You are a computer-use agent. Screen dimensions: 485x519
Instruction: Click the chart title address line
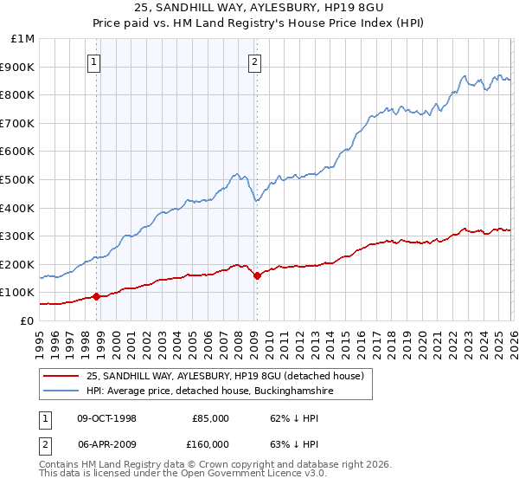(259, 8)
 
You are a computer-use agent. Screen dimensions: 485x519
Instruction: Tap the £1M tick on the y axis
(23, 39)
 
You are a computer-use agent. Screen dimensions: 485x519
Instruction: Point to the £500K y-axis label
(19, 180)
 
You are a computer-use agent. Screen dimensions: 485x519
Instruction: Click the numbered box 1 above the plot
(93, 61)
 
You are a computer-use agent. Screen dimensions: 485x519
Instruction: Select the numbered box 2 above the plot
(255, 61)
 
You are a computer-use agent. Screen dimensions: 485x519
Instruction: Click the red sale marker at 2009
(257, 275)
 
